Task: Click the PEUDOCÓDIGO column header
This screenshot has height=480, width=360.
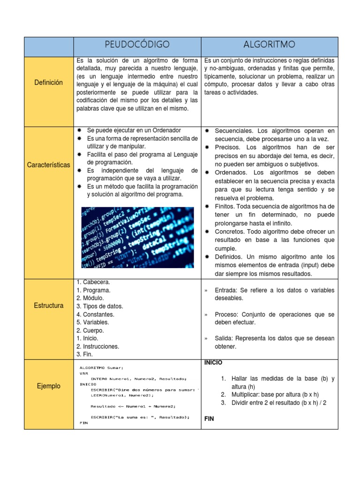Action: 137,45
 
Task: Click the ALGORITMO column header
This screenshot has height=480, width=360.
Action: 269,45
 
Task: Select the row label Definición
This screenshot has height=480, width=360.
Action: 48,82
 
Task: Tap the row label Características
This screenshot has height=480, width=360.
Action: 49,165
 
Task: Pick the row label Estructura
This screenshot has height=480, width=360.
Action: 48,306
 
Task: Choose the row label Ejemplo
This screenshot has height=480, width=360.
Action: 48,386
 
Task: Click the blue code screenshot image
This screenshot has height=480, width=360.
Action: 137,237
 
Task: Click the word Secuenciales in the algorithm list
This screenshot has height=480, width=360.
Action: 232,130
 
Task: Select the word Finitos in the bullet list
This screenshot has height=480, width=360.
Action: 225,206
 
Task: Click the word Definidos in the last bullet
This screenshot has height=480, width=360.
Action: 230,257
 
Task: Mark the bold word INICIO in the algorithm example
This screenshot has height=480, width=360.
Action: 213,363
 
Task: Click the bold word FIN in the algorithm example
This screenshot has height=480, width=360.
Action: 209,419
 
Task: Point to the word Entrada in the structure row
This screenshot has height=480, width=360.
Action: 226,290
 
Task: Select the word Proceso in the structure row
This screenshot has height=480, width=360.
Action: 227,314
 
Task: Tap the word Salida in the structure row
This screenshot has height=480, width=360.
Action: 224,338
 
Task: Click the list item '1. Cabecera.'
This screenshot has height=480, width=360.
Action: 93,282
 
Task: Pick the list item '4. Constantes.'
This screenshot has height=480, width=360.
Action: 95,314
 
